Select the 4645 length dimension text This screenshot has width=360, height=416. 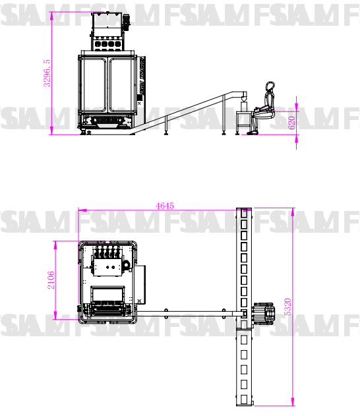point(164,206)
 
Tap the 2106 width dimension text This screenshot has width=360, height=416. point(51,280)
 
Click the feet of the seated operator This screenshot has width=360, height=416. point(252,133)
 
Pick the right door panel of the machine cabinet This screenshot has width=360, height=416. point(123,86)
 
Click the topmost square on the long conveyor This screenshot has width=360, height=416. point(244,214)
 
